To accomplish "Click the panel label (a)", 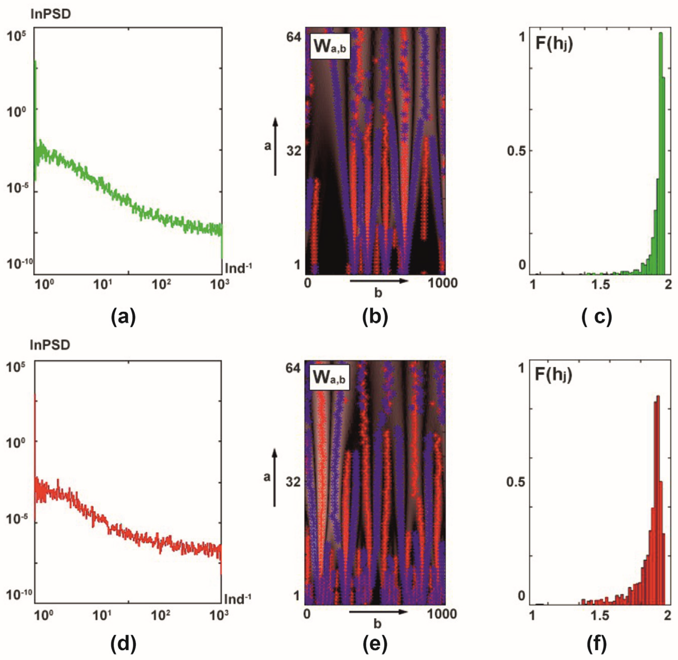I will point(123,316).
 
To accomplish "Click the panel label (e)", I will point(375,644).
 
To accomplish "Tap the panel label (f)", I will point(597,644).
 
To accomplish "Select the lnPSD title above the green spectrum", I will point(51,14).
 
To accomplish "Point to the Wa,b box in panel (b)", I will point(329,46).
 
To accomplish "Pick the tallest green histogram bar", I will point(661,153).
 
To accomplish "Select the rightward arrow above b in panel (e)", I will point(378,612).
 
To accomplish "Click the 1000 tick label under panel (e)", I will point(442,614).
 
